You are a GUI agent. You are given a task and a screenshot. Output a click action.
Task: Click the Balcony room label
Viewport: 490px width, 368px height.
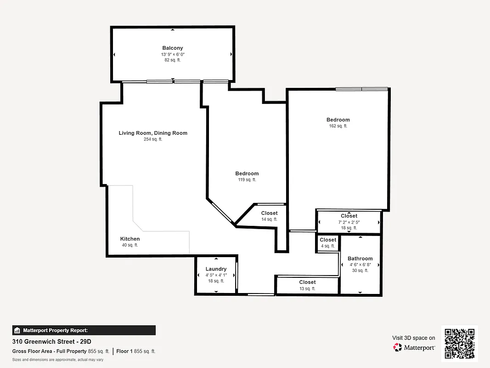pyautogui.click(x=173, y=48)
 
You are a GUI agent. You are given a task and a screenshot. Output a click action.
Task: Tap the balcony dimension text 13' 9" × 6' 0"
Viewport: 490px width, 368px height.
pyautogui.click(x=173, y=54)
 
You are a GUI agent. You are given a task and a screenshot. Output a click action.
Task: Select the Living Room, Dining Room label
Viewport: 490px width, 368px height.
pyautogui.click(x=153, y=133)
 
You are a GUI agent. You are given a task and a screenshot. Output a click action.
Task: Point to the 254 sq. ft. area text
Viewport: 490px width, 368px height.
pyautogui.click(x=153, y=139)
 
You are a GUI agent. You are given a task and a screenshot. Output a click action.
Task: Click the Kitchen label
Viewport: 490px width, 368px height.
pyautogui.click(x=130, y=239)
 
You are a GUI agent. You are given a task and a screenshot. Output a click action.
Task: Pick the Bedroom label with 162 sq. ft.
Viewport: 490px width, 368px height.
pyautogui.click(x=338, y=120)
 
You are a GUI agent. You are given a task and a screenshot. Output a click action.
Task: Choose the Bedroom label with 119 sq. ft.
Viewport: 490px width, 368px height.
pyautogui.click(x=247, y=173)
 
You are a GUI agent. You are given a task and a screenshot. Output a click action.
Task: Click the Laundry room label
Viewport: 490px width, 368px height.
pyautogui.click(x=216, y=269)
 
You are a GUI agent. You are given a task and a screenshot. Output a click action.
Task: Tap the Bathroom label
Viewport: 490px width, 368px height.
pyautogui.click(x=360, y=259)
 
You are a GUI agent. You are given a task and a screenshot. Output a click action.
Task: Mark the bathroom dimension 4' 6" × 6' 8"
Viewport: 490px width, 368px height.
pyautogui.click(x=360, y=265)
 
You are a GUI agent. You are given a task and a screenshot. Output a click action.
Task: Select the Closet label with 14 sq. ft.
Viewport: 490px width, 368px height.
pyautogui.click(x=270, y=213)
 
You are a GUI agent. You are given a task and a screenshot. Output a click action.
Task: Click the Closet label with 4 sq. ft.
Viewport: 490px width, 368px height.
pyautogui.click(x=328, y=240)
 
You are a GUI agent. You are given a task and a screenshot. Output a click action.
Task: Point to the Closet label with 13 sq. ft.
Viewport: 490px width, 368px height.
pyautogui.click(x=307, y=282)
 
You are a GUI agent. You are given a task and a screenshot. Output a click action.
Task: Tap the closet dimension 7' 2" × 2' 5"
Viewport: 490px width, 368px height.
pyautogui.click(x=349, y=222)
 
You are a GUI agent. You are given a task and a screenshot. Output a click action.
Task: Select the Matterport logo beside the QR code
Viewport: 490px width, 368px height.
pyautogui.click(x=414, y=347)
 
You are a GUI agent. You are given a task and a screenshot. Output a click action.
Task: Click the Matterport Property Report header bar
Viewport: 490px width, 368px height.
pyautogui.click(x=84, y=330)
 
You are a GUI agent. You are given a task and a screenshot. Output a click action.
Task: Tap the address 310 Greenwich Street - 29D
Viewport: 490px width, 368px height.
pyautogui.click(x=52, y=342)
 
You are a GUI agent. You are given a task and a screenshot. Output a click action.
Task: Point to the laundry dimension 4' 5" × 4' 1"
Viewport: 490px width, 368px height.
pyautogui.click(x=216, y=275)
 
